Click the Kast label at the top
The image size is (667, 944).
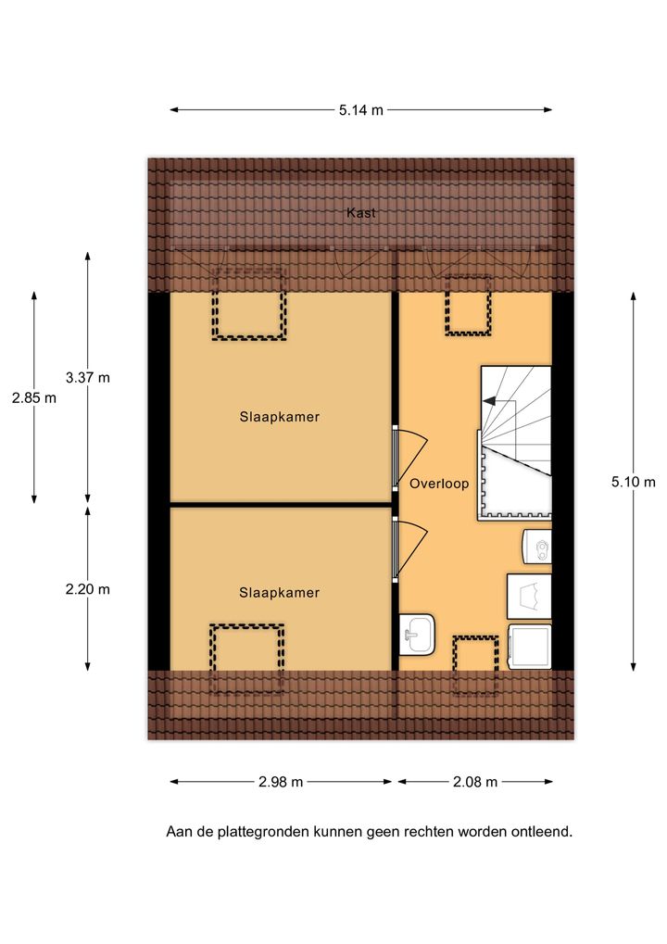[x=360, y=212]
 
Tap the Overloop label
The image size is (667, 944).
[x=439, y=484]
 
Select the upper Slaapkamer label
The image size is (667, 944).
[x=280, y=417]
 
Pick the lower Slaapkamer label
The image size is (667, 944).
[x=280, y=592]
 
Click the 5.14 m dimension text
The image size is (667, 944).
[x=361, y=110]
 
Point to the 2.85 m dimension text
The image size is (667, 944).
[x=34, y=397]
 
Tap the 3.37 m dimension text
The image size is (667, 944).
[x=88, y=377]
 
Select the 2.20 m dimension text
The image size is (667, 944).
[x=88, y=589]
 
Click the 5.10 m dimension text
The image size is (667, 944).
[x=634, y=482]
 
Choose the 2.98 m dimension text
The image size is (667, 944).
[x=281, y=782]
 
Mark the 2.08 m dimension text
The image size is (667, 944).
[x=475, y=782]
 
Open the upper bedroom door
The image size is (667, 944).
[x=409, y=457]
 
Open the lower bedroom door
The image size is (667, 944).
[x=409, y=548]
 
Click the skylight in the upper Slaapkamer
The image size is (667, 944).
[x=248, y=305]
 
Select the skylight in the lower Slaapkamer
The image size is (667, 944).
[x=246, y=659]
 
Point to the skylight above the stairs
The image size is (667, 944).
[x=468, y=305]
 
